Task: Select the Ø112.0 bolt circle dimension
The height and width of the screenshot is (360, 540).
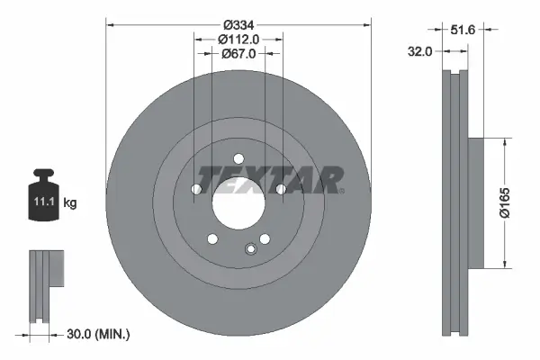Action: point(238,39)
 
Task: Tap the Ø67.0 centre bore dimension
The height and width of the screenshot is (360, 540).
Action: point(238,54)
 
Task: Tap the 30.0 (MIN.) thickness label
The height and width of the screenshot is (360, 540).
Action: point(98,335)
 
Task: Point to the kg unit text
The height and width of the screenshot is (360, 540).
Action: point(69,203)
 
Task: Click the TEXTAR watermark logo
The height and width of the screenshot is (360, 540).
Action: point(271,180)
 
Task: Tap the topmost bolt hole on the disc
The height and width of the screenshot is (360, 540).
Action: point(238,159)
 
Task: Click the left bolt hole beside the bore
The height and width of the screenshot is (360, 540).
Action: point(195,189)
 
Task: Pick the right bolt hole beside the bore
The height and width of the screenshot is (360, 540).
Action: point(281,189)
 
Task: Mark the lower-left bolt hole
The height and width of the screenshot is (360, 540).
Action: point(212,238)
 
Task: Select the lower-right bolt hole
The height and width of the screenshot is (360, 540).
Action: point(265,238)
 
